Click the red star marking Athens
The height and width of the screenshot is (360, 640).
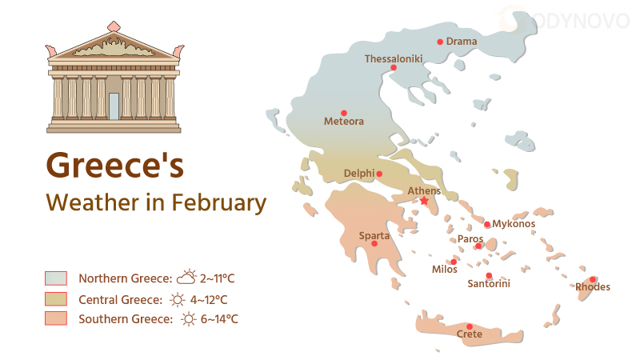[x=424, y=202]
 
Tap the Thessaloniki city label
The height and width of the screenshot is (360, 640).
[x=392, y=58]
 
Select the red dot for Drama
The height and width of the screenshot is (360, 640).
[x=440, y=42]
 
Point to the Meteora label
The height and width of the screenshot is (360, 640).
[x=344, y=122]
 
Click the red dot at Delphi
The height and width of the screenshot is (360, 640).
[x=379, y=174]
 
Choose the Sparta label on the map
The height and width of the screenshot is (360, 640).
[x=374, y=235]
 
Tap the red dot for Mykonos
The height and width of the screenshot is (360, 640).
[x=487, y=224]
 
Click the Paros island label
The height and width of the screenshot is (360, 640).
[x=470, y=238]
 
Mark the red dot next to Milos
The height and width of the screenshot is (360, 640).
[x=454, y=262]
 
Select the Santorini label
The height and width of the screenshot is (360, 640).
[x=489, y=284]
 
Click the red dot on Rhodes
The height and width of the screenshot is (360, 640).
[x=593, y=279]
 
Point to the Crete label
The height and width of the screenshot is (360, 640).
[x=470, y=334]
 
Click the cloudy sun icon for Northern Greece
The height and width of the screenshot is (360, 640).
[x=186, y=278]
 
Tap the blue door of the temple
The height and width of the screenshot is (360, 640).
[x=114, y=106]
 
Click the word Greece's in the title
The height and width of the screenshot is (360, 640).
[x=115, y=165]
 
